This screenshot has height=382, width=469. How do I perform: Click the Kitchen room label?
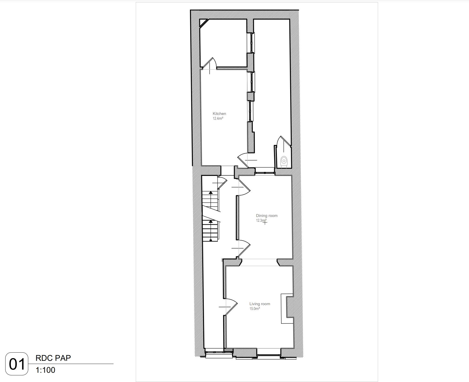click(x=219, y=114)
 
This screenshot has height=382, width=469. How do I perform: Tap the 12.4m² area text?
click(x=218, y=118)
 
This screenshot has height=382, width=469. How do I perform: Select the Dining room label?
click(x=267, y=216)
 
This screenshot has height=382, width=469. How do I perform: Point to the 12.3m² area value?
click(x=261, y=220)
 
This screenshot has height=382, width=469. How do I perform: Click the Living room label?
click(x=260, y=304)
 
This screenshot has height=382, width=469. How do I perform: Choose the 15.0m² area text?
click(x=255, y=309)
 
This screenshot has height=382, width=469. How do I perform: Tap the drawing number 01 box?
click(x=17, y=364)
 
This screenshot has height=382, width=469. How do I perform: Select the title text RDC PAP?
click(x=53, y=358)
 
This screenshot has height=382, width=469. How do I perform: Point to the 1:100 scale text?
click(x=45, y=370)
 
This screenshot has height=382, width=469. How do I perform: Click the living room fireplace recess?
click(x=287, y=308)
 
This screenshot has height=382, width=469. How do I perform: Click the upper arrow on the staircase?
click(x=211, y=193)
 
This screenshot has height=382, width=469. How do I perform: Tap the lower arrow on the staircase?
click(x=211, y=221)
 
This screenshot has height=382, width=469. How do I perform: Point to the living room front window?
click(x=269, y=355)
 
